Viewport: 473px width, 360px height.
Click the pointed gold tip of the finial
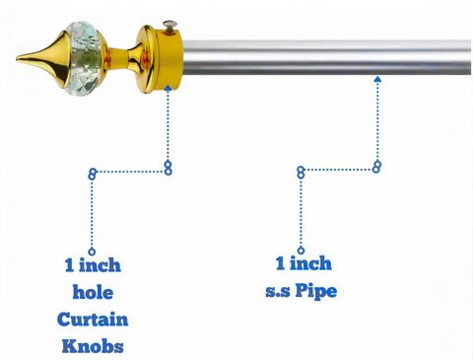[x=17, y=59]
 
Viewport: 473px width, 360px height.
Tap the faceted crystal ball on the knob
[x=83, y=58]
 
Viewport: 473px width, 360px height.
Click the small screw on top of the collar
[x=169, y=26]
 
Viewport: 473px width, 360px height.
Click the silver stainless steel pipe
[x=326, y=57]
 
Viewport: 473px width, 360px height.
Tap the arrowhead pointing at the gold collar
[x=169, y=88]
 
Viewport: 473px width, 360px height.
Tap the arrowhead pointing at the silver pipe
[x=377, y=79]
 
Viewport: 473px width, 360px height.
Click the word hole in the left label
[x=93, y=292]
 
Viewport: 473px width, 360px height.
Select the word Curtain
[x=93, y=320]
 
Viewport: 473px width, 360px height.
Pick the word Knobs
[x=93, y=346]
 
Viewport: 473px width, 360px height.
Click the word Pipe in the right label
[x=315, y=291]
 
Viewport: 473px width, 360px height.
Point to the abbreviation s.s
[x=278, y=292]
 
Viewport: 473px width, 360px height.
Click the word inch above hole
[x=100, y=265]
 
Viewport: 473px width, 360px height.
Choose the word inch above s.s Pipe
[x=310, y=263]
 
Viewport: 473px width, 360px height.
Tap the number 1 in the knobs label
[x=69, y=265]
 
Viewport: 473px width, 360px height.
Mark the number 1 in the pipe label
[x=280, y=263]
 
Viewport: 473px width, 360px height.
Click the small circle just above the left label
[x=92, y=252]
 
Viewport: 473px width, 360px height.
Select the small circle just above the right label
[x=301, y=251]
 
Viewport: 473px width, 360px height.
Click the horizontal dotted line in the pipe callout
[x=339, y=170]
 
